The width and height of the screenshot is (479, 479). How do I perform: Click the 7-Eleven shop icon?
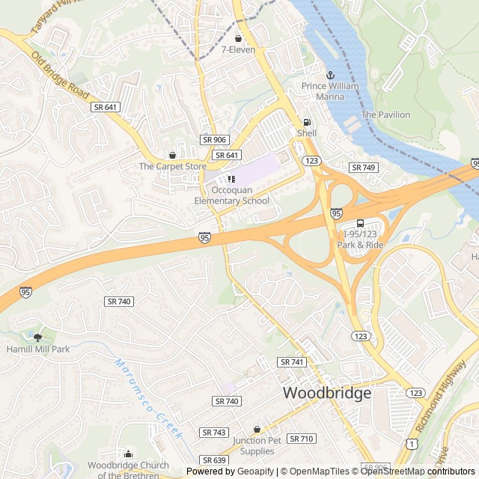238,38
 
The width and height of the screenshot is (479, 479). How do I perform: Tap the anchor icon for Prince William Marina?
330,75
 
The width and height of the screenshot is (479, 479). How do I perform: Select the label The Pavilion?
385,115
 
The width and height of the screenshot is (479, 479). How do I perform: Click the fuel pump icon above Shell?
306,122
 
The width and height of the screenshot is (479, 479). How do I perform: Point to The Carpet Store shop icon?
173,155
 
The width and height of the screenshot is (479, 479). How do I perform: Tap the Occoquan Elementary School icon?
231,179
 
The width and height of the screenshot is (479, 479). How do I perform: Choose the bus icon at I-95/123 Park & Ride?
360,223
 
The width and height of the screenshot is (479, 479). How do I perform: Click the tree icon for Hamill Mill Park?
37,338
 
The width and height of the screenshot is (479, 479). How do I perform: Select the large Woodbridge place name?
326,393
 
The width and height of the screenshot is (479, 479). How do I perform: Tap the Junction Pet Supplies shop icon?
257,430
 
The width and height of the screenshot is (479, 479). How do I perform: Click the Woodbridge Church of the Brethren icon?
128,454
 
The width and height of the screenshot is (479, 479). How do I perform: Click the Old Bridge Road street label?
59,75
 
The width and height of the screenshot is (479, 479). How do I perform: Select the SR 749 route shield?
363,168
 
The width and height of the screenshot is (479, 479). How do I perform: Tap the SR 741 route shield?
292,361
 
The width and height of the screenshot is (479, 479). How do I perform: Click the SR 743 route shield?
214,433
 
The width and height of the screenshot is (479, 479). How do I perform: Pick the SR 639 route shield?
214,460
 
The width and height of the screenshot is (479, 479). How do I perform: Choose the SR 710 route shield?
301,439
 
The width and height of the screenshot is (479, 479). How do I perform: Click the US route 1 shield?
412,444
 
